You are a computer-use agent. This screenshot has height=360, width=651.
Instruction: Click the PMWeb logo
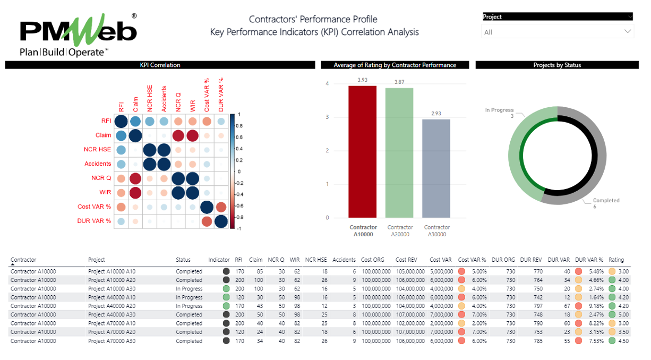coord(78,35)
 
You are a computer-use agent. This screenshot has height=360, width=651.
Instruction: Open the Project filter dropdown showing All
coord(557,32)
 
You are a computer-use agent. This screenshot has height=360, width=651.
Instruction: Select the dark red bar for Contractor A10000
coord(363,152)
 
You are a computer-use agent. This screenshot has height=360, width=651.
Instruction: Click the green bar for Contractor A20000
coord(399,153)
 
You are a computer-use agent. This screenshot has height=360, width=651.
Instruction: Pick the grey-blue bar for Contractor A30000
coord(436,168)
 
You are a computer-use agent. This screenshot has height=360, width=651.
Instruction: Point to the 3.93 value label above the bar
coord(363,80)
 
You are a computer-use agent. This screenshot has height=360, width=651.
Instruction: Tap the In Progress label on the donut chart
coord(499,110)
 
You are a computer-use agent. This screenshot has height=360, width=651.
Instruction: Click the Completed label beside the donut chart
coord(606,201)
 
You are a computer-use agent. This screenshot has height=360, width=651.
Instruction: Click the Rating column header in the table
coord(616,260)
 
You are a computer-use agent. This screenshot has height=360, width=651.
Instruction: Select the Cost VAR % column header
coord(472,260)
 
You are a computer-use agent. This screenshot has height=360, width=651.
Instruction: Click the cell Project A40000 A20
coord(112,306)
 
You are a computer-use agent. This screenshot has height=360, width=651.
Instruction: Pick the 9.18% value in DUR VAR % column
coord(596,306)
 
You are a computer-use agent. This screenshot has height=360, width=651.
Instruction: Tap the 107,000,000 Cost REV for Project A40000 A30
coord(410,314)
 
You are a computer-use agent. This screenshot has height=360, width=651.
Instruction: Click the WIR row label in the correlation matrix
coord(105,192)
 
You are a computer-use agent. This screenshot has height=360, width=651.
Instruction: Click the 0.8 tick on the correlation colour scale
coord(239,126)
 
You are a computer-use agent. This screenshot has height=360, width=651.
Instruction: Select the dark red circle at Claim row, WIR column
coord(192,135)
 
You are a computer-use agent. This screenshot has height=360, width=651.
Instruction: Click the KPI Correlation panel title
coord(160,65)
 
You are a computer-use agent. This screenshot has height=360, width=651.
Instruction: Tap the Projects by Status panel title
coord(557,65)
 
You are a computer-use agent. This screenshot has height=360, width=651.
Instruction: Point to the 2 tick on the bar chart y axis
coord(327,151)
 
